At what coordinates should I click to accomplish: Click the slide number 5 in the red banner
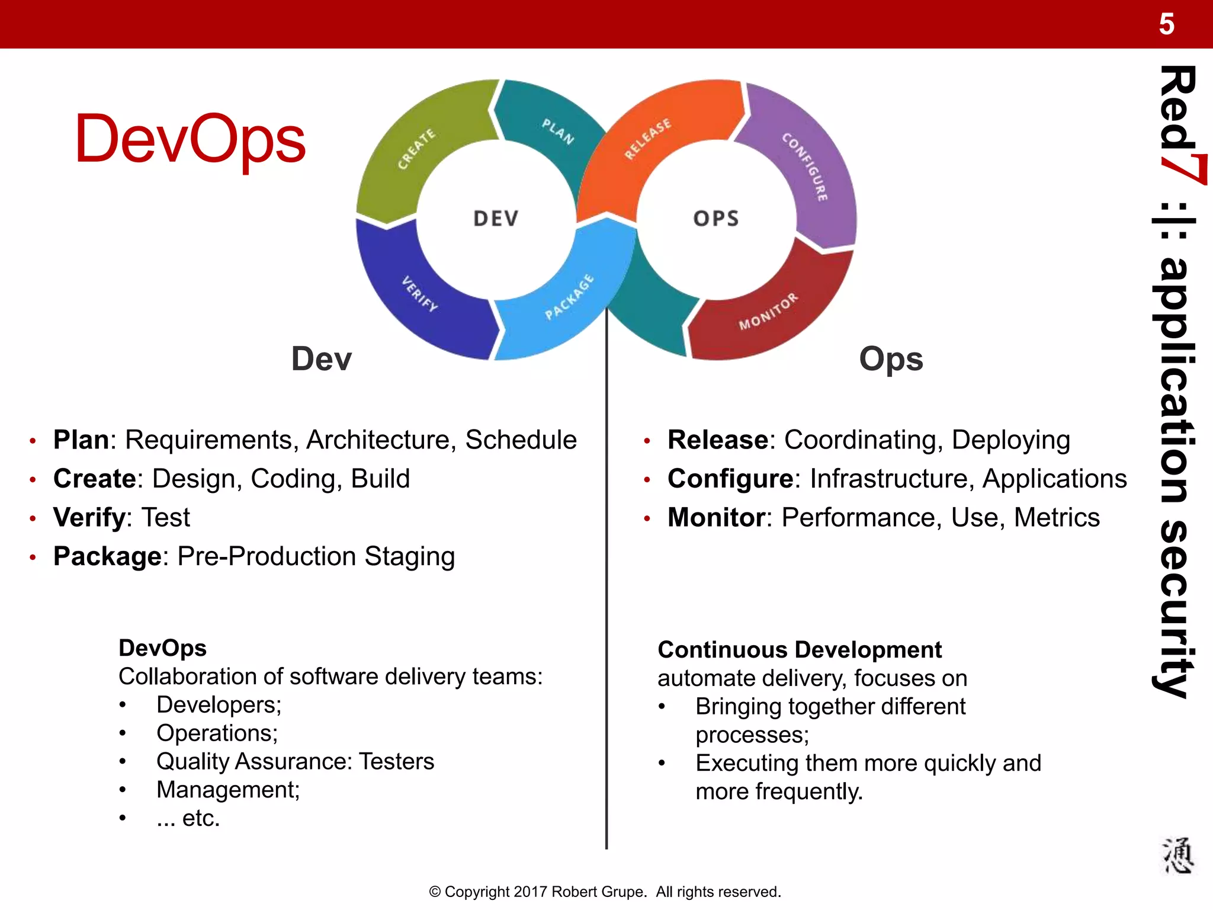click(x=1166, y=24)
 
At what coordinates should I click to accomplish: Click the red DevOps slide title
click(x=190, y=139)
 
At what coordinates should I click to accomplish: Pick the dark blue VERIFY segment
click(x=420, y=294)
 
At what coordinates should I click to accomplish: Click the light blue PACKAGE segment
click(x=569, y=297)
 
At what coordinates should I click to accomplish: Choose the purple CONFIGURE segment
click(x=805, y=166)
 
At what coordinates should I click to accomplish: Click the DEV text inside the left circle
click(x=496, y=219)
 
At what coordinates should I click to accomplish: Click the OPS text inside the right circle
click(x=716, y=219)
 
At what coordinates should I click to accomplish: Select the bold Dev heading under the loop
click(x=322, y=359)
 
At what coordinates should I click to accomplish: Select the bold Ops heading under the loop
click(x=891, y=359)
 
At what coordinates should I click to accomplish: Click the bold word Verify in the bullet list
click(x=89, y=517)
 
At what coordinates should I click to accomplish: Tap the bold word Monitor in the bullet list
click(x=716, y=517)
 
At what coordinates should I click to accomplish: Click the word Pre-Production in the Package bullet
click(x=267, y=556)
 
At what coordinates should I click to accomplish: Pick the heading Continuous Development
click(x=800, y=650)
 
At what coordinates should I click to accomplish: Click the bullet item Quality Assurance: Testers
click(x=295, y=761)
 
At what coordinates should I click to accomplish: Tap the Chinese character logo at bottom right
click(x=1177, y=855)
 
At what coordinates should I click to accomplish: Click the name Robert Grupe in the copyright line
click(x=598, y=892)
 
